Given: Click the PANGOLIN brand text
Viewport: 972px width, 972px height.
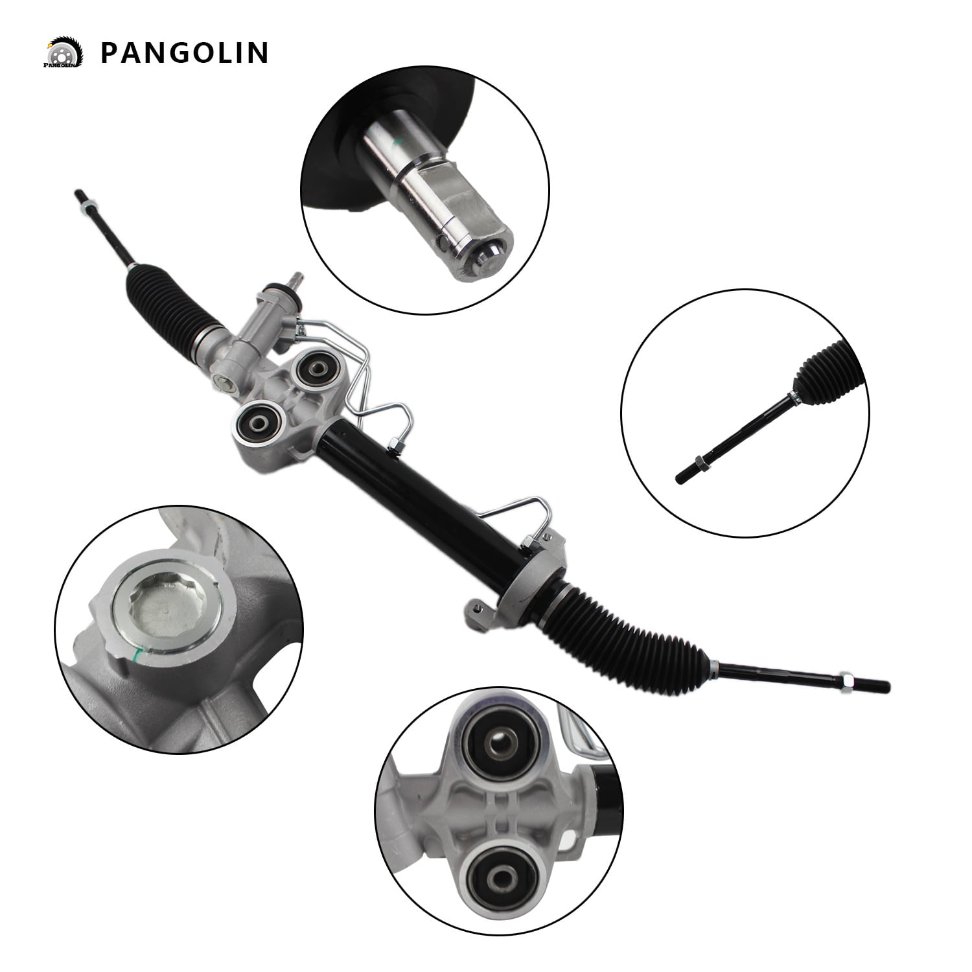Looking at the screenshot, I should pos(184,52).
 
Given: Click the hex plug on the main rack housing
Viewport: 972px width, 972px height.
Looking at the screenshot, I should pos(223,384).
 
